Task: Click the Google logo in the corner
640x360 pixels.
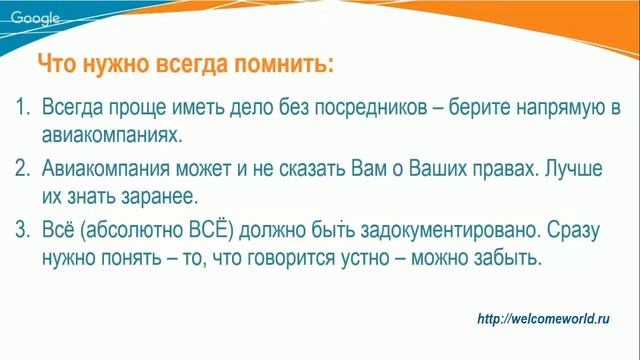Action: point(35,16)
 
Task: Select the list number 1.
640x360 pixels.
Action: point(22,108)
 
